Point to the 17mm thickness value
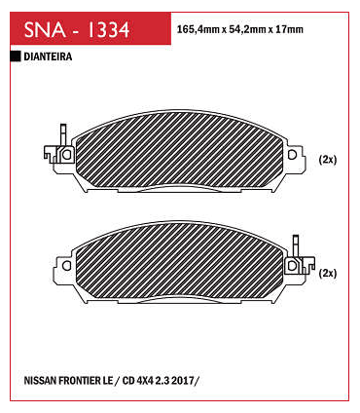pyautogui.click(x=289, y=29)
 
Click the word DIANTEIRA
pyautogui.click(x=48, y=56)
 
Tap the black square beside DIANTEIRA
pyautogui.click(x=16, y=56)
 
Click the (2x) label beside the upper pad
pyautogui.click(x=328, y=160)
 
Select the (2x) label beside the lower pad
pyautogui.click(x=328, y=274)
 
